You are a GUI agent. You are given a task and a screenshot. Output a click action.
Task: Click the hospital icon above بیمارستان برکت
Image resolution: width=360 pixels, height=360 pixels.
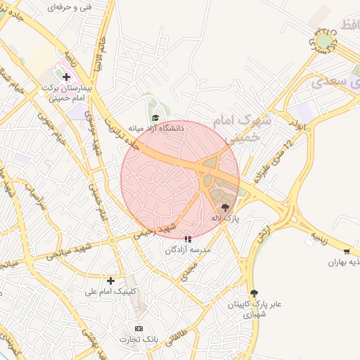pos(67,76)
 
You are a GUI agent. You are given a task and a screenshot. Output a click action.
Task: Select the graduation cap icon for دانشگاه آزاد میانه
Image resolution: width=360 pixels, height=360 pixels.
pos(155,117)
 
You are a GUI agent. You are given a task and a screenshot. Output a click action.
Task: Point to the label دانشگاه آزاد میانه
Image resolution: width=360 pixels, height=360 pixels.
pos(155,129)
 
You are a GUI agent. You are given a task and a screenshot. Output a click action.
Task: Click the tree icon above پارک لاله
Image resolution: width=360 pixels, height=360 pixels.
pos(225,207)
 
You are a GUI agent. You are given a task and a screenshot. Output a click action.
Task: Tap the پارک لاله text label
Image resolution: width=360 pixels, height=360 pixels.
pos(226,219)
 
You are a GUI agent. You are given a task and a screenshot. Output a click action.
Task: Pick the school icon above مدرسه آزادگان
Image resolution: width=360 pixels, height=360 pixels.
pos(187,239)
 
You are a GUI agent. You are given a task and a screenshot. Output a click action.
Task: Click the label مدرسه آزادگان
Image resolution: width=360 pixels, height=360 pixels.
pos(187,250)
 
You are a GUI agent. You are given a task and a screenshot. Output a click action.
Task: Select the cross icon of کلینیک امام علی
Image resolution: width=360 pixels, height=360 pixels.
pos(110,281)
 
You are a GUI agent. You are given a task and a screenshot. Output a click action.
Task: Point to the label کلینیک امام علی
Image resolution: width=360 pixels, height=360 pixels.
pos(111,291)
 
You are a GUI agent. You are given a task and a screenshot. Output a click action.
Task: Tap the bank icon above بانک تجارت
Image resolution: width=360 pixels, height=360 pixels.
pos(139,328)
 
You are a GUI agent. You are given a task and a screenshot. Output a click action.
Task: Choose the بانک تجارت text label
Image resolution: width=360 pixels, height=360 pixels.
pos(139,340)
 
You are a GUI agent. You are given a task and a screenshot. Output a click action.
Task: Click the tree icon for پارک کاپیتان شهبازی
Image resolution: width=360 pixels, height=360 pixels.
pos(254,293)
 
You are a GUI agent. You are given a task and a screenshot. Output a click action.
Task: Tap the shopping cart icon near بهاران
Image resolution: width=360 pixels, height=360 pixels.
pos(347,252)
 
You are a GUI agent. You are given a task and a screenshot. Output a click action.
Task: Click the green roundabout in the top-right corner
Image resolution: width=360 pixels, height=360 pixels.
pos(324,40)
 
